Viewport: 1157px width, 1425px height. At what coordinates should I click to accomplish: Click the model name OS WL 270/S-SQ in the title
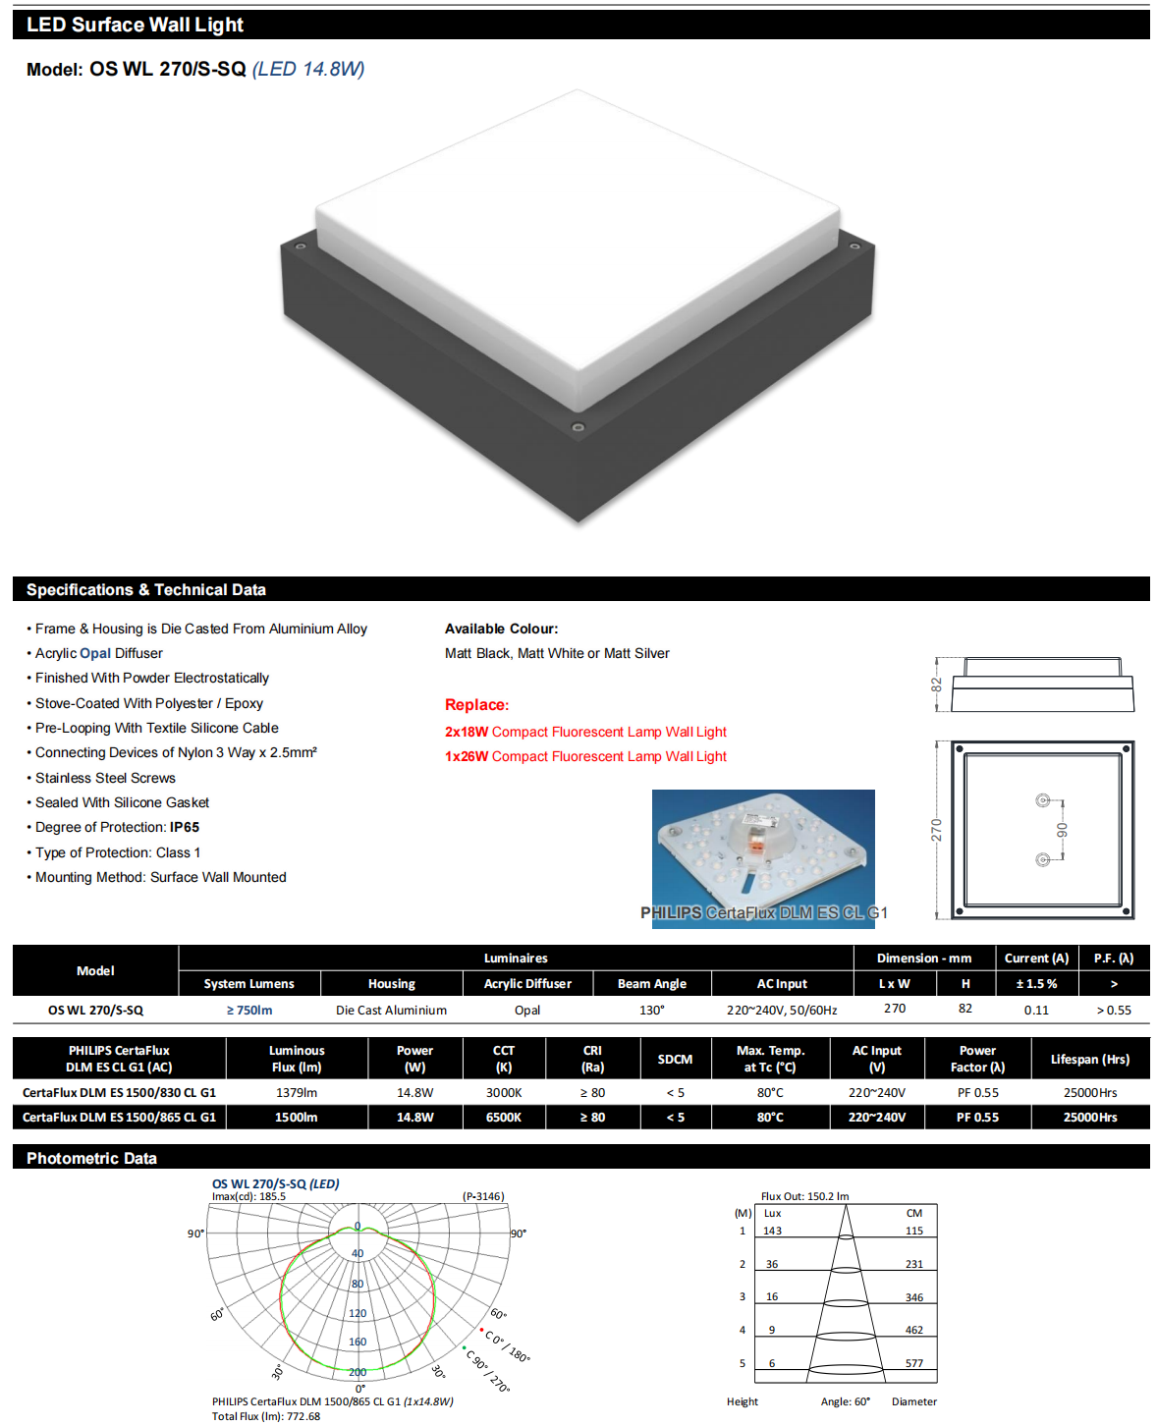click(167, 69)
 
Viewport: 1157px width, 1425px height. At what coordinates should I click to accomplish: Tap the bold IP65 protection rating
click(185, 827)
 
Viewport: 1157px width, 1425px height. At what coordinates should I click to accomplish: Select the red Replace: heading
click(476, 704)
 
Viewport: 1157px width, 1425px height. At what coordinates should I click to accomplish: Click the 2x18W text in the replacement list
click(467, 732)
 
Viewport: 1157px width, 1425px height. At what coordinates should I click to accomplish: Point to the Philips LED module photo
click(763, 858)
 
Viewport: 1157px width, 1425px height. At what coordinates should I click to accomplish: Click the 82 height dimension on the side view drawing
click(936, 685)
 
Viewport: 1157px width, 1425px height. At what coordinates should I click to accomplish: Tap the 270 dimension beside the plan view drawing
click(936, 830)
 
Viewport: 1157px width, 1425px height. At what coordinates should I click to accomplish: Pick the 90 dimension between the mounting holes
click(1062, 830)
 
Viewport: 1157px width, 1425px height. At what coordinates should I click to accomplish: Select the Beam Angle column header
click(651, 983)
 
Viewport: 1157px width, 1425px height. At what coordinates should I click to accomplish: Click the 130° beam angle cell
click(651, 1010)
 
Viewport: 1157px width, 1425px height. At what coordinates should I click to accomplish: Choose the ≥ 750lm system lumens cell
click(249, 1010)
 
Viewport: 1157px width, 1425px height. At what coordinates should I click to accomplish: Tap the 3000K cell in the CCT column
click(504, 1092)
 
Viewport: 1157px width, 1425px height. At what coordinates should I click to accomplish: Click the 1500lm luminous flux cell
click(296, 1117)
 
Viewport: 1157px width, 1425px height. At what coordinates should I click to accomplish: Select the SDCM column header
click(675, 1059)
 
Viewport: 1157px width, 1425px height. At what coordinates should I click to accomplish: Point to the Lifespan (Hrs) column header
click(1089, 1059)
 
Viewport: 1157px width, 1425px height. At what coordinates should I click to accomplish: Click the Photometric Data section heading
click(91, 1158)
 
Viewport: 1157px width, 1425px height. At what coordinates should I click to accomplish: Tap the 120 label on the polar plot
click(358, 1313)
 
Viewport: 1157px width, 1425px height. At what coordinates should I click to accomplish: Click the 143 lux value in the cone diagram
click(773, 1231)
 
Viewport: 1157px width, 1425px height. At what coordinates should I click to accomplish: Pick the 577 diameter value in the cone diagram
click(913, 1363)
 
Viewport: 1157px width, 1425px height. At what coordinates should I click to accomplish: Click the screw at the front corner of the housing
click(578, 427)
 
